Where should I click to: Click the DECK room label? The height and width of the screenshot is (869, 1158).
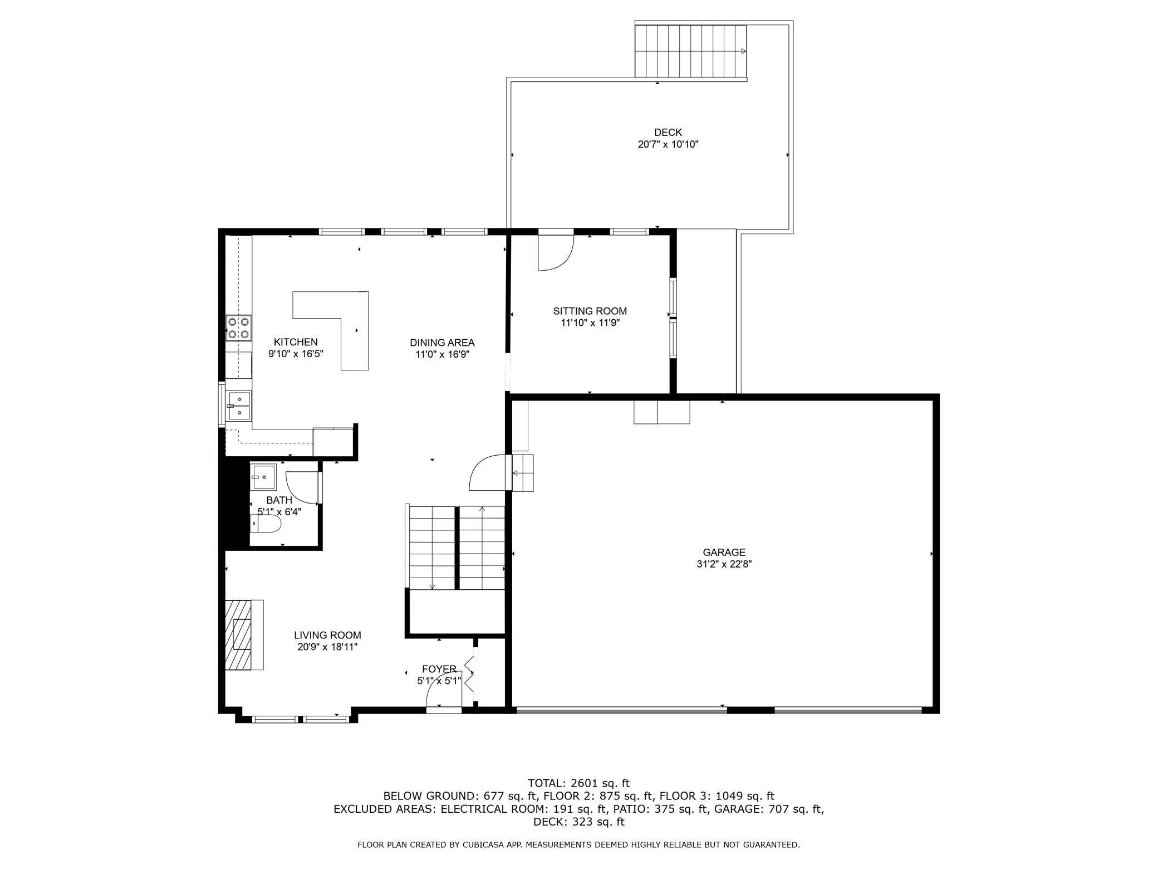click(x=668, y=133)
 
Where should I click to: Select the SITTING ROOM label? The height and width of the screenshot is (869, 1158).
click(x=590, y=311)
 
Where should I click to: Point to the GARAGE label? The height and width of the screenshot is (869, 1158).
click(x=724, y=553)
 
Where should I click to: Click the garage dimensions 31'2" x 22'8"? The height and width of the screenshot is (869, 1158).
click(x=724, y=564)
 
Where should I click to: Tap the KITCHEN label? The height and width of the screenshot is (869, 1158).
click(x=296, y=342)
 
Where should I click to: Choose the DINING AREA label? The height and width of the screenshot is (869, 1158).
click(x=442, y=343)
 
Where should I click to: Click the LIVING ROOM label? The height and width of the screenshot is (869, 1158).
click(x=327, y=635)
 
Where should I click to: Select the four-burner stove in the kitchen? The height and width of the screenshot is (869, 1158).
click(x=238, y=328)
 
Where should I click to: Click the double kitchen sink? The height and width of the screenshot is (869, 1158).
click(x=238, y=405)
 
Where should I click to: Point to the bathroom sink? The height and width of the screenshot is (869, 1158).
click(x=263, y=477)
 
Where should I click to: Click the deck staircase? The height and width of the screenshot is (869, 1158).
click(x=691, y=51)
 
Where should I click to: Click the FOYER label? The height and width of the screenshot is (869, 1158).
click(x=439, y=669)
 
